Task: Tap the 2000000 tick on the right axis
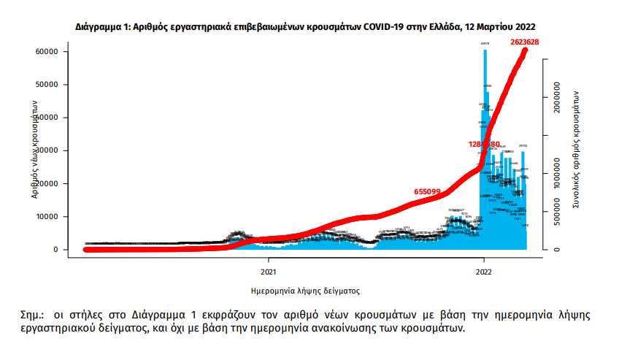tap(558, 107)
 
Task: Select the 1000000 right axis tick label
tap(558, 178)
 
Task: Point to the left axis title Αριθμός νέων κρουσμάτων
tap(35, 150)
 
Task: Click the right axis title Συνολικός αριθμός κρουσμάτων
tap(576, 150)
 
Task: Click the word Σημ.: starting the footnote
tap(33, 315)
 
